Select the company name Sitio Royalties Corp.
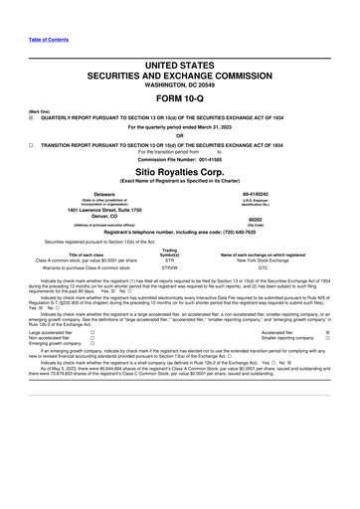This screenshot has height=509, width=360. tap(180, 170)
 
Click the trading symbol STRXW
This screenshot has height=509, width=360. tap(169, 267)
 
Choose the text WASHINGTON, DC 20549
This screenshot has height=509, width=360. tap(180, 85)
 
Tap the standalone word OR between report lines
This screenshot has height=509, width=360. tap(180, 137)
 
